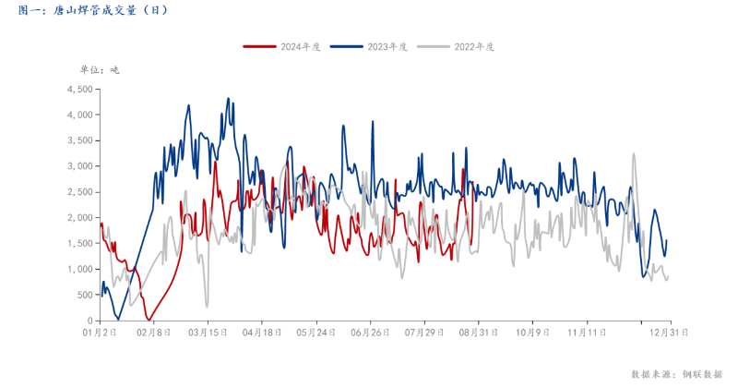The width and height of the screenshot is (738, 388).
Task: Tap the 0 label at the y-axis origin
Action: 89,321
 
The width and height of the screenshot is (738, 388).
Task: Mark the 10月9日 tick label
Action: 532,330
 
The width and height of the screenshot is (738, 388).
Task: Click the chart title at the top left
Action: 92,10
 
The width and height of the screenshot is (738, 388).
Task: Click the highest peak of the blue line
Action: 228,99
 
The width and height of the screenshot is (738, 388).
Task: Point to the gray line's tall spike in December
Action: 634,154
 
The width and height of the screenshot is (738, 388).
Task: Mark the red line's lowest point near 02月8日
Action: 148,319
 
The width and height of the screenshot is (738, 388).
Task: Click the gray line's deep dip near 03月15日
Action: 207,306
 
